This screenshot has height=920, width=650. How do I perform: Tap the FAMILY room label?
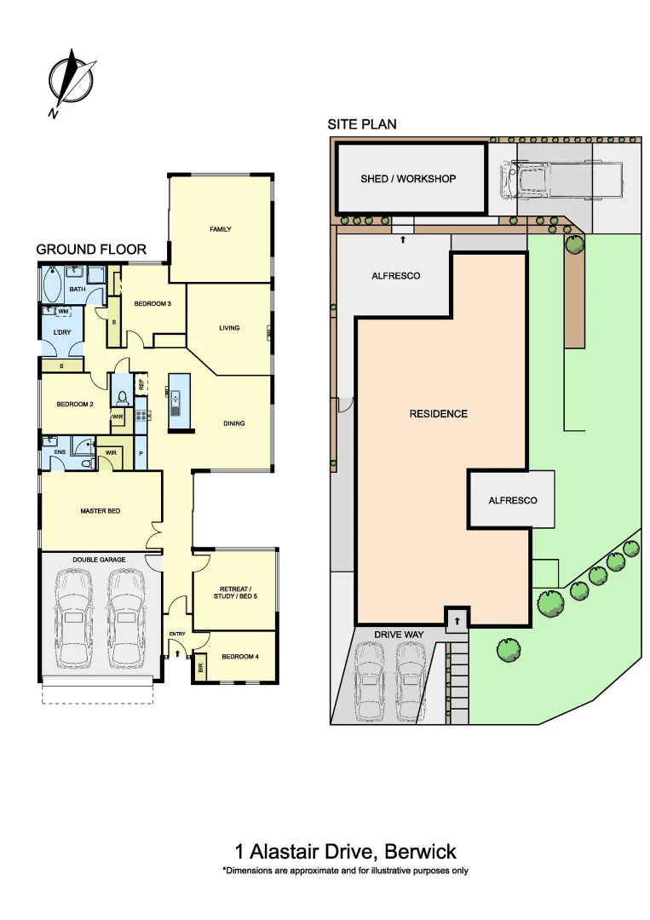221,229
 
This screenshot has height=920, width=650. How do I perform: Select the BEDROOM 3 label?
152,304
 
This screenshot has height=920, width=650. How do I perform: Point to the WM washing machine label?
63,312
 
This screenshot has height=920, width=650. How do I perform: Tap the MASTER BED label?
100,511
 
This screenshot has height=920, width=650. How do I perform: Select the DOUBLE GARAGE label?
99,560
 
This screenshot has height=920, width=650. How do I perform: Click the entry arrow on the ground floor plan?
177,653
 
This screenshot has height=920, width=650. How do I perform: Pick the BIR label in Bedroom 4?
201,669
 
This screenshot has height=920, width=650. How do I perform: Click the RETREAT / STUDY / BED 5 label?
234,593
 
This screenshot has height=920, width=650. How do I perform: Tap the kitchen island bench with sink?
177,401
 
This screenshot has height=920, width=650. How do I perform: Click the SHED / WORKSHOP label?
408,179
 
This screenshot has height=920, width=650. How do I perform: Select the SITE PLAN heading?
362,124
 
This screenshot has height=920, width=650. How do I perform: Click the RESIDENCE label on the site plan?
439,414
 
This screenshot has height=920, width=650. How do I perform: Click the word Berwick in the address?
420,851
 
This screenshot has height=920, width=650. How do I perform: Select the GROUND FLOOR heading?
91,250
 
